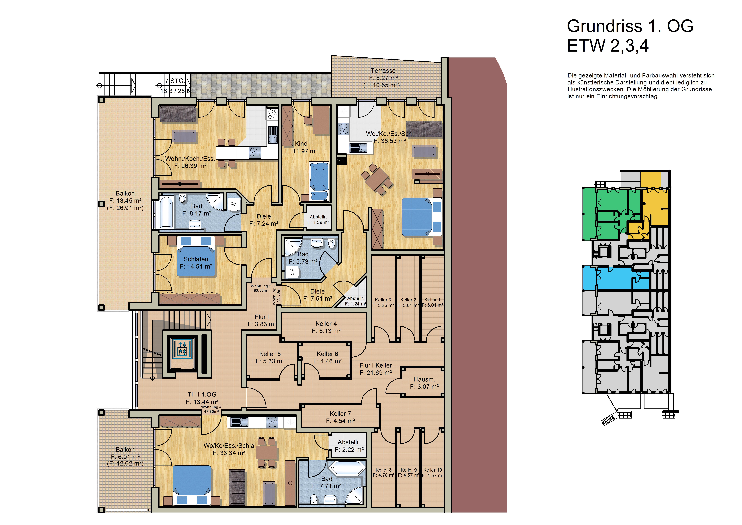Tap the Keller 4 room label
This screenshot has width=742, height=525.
click(x=326, y=324)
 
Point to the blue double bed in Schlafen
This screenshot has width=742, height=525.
click(x=196, y=256)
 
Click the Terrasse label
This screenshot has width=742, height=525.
click(x=383, y=70)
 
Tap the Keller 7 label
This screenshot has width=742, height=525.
click(x=340, y=414)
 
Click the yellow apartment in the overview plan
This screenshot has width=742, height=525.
click(x=655, y=207)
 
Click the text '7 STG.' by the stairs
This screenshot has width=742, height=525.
click(x=175, y=81)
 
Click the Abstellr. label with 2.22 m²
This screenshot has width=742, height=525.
click(x=349, y=442)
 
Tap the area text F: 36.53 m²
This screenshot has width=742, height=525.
click(x=390, y=141)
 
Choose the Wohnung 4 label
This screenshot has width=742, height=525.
click(x=211, y=407)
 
